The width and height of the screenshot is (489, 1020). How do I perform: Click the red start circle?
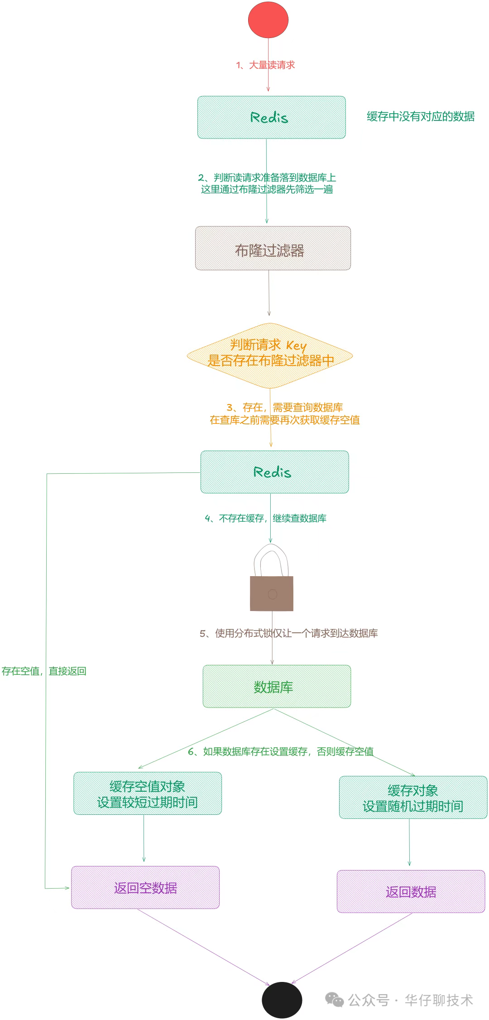pos(268,20)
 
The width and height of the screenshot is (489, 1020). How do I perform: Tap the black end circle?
pos(282,1000)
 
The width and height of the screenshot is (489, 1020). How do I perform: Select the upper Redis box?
pos(271,117)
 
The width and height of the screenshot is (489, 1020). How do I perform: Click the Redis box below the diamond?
pos(274,472)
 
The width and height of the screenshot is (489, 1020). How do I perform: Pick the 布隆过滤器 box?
pos(273,249)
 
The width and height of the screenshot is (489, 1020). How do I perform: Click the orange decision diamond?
pos(270,356)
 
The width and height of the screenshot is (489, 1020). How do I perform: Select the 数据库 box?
pos(277,687)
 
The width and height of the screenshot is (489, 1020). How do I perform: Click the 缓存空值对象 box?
pos(148,794)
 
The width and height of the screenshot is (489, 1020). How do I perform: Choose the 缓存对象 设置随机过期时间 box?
pos(413,798)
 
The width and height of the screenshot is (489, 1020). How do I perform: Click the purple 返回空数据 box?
pos(145,888)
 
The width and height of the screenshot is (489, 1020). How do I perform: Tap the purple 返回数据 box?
pos(411,891)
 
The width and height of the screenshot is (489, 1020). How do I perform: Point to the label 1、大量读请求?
pos(265,65)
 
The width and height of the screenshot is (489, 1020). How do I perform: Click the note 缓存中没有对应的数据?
pos(421,117)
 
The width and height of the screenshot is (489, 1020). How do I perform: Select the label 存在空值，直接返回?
pos(44,671)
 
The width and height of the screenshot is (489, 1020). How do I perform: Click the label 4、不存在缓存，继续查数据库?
pos(266,518)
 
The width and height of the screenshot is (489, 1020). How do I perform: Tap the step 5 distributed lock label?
pos(289,633)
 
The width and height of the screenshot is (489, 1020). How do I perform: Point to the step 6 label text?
pos(281,751)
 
